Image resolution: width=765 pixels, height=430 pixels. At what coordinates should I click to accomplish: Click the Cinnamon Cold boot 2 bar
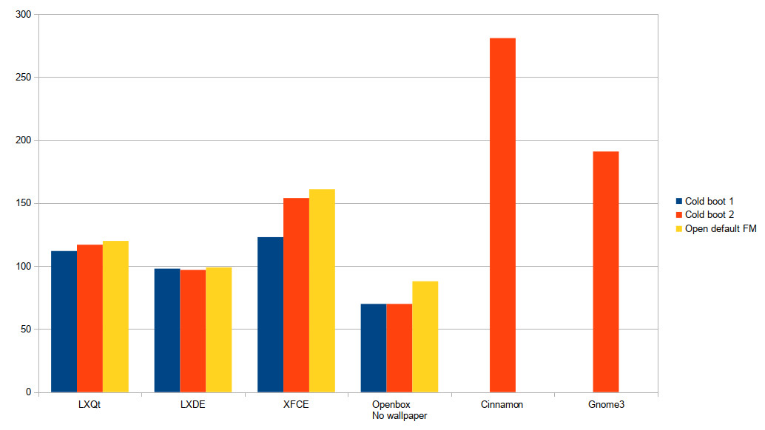click(502, 215)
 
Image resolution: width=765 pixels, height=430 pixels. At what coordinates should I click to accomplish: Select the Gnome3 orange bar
click(605, 272)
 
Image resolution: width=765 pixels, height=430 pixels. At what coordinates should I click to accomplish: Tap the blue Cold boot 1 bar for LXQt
click(64, 321)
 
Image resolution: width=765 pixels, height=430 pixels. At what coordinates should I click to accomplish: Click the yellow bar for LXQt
click(115, 316)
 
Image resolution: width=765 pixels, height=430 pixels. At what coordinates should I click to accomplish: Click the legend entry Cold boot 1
click(709, 201)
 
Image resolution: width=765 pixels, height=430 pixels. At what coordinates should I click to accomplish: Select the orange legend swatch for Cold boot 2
click(678, 215)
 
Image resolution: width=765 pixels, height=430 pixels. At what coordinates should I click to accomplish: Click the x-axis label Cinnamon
click(502, 405)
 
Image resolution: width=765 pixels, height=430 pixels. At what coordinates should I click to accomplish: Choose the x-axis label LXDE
click(192, 405)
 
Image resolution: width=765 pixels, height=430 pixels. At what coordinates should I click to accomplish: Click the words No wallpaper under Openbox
click(400, 416)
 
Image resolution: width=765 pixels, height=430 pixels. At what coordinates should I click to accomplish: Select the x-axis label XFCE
click(296, 405)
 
